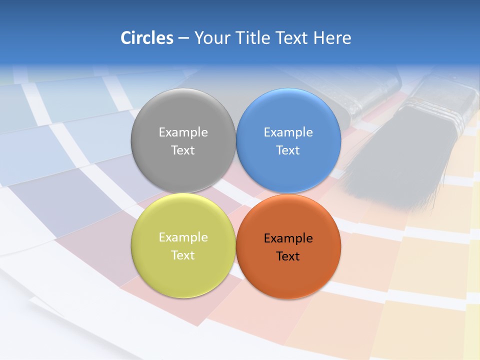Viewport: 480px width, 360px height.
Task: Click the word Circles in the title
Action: click(146, 38)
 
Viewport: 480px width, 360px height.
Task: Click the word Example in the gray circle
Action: click(183, 132)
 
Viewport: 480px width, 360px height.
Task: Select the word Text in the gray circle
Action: click(183, 150)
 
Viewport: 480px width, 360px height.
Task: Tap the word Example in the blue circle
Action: click(288, 132)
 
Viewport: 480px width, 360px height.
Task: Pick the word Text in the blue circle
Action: click(288, 150)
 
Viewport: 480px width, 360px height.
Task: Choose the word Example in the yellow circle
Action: click(183, 237)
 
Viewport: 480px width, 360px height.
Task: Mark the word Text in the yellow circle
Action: click(183, 255)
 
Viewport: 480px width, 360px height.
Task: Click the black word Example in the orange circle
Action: click(288, 238)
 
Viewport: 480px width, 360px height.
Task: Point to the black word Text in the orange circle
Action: click(288, 256)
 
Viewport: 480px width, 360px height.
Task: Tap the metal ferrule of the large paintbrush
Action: click(440, 107)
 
